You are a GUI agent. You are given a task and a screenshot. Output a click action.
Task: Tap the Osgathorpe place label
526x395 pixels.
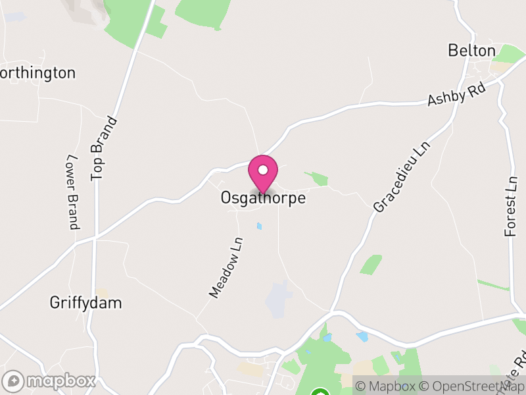click(263, 197)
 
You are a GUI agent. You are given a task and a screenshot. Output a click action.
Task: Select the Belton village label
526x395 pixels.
click(471, 51)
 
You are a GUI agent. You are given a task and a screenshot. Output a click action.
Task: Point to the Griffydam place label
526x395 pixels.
click(86, 303)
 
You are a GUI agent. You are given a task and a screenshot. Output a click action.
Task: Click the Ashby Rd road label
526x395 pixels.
click(456, 95)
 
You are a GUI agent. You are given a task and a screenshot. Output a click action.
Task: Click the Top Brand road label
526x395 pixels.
click(105, 148)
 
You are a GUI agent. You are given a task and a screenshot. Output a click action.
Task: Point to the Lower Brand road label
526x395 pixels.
click(72, 192)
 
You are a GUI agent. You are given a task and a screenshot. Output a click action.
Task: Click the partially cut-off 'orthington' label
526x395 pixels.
click(38, 72)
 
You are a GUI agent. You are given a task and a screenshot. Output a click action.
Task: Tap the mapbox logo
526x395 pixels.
click(49, 381)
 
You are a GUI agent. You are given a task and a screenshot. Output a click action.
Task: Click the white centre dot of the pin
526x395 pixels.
click(263, 171)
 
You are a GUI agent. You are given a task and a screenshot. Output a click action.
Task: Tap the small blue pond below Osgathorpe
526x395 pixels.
click(259, 226)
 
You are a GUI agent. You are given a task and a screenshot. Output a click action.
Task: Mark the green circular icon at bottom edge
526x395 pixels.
click(320, 393)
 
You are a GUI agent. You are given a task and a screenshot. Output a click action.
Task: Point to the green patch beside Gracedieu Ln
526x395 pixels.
click(371, 265)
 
